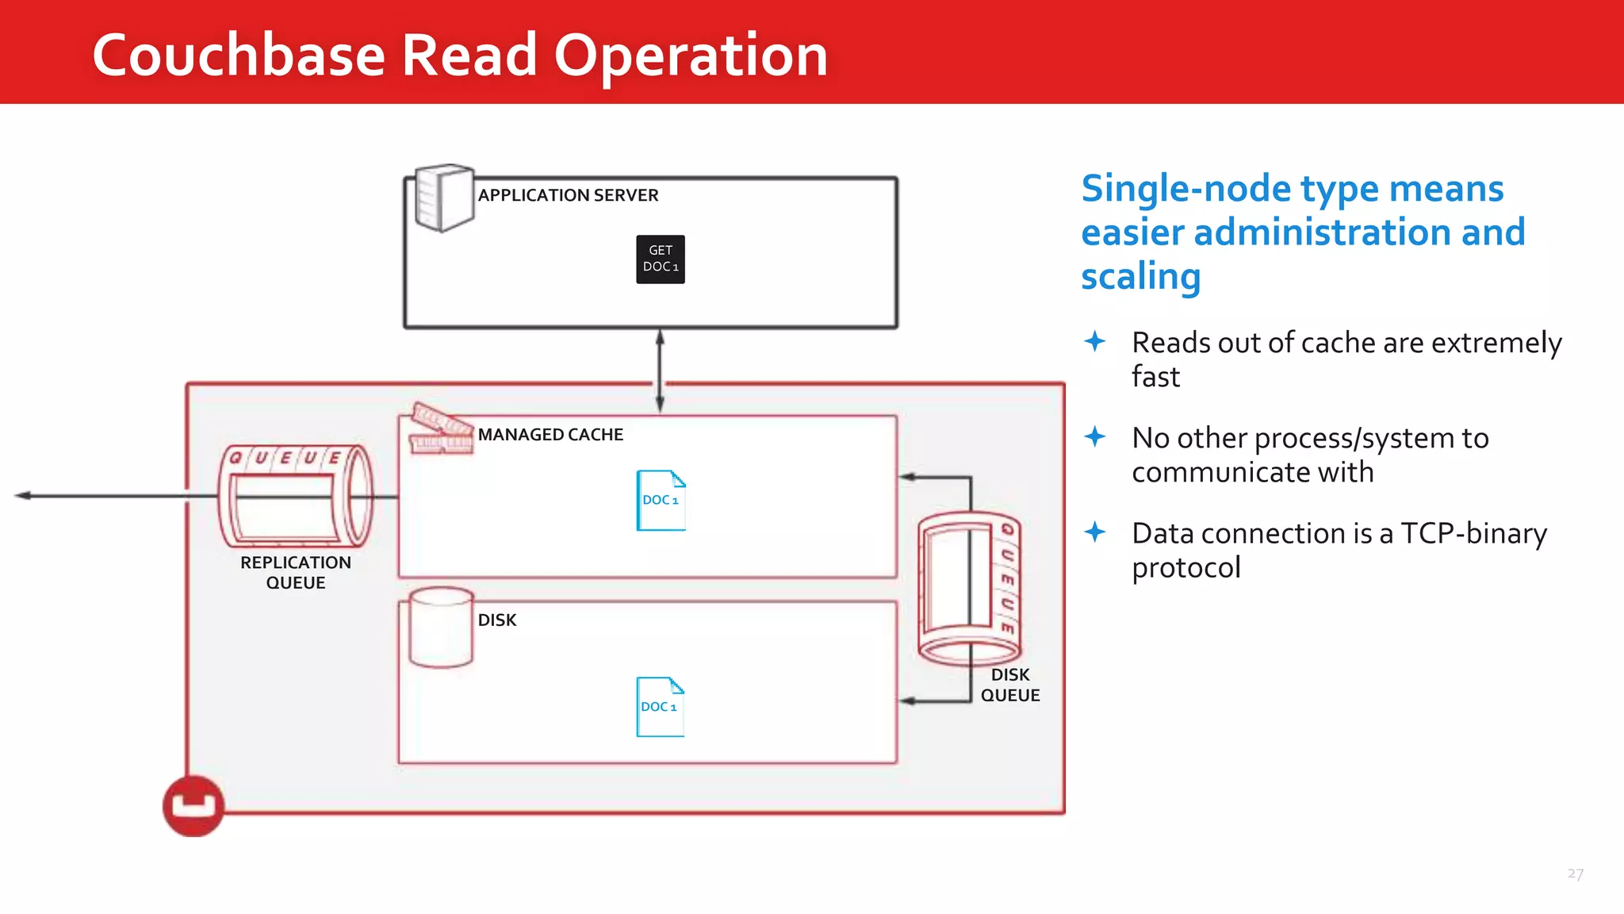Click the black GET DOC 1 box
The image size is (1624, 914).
coord(660,259)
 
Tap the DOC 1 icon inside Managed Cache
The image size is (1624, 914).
coord(661,500)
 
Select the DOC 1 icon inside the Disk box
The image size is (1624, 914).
coord(660,706)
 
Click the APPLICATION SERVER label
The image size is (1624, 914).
coord(568,195)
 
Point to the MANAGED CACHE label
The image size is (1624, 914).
coord(550,435)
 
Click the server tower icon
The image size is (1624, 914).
coord(444,198)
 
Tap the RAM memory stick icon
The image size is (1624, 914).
coord(441,429)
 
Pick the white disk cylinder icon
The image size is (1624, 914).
coord(441,627)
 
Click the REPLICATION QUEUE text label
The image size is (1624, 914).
coord(296,572)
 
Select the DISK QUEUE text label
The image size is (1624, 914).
coord(1009,685)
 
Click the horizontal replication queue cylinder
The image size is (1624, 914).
coord(295,497)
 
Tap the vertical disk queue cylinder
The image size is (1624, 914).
coord(968,589)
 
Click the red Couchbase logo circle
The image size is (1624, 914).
coord(193,806)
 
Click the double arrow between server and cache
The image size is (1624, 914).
coord(660,371)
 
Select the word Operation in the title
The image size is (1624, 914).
coord(690,56)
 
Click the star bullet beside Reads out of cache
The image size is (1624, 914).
coord(1095,342)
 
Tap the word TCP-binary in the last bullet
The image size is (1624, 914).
coord(1473,533)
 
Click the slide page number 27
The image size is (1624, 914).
coord(1575,874)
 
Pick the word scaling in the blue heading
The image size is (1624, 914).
coord(1140,276)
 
